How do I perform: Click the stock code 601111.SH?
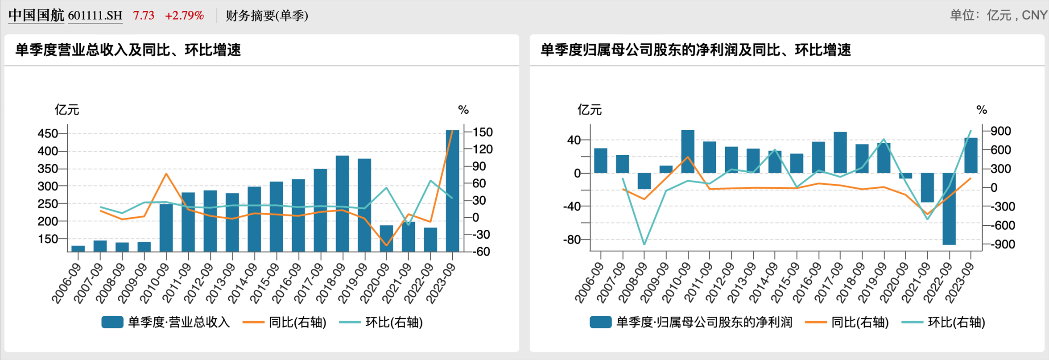95,16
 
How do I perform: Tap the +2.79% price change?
184,16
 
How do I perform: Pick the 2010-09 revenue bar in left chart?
166,228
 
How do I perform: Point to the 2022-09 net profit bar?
949,209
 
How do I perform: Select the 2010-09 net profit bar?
688,152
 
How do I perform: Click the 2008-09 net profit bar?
644,181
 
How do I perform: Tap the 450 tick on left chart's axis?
48,133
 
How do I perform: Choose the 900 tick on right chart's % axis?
1000,131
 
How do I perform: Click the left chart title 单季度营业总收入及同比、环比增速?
128,50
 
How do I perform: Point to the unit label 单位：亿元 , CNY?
998,16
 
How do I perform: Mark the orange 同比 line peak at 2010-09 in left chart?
166,174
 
